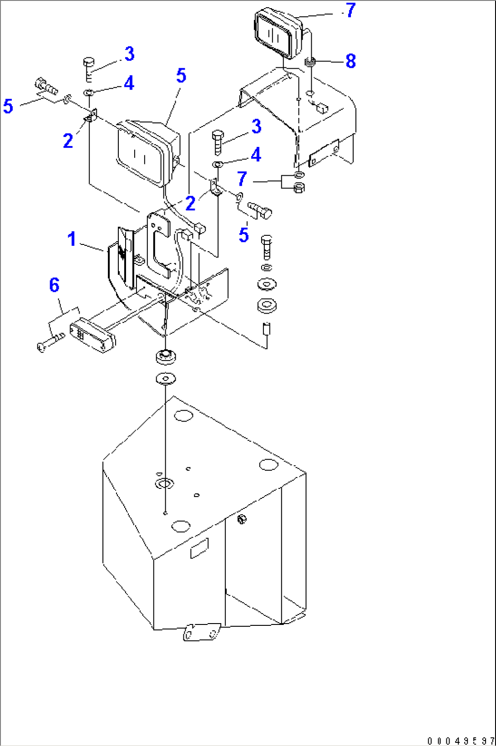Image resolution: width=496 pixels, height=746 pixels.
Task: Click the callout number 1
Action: (x=71, y=239)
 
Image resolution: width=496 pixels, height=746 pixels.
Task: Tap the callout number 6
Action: (x=54, y=285)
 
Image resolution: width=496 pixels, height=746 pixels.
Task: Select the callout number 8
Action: (x=350, y=61)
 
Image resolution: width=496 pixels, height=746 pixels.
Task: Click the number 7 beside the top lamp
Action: (x=350, y=10)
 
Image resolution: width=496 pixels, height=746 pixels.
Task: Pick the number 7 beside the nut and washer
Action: (x=242, y=179)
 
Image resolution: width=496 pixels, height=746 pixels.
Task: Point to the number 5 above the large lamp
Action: (x=181, y=76)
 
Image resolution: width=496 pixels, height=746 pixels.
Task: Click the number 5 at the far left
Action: (x=8, y=107)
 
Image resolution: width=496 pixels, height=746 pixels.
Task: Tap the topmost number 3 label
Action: (x=129, y=54)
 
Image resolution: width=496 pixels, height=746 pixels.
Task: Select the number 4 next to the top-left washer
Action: (x=129, y=83)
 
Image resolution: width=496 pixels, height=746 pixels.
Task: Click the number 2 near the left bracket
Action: (x=68, y=141)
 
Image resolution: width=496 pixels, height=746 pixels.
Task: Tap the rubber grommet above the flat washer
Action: (x=166, y=356)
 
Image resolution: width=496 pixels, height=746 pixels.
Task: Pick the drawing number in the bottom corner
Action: (x=460, y=741)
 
